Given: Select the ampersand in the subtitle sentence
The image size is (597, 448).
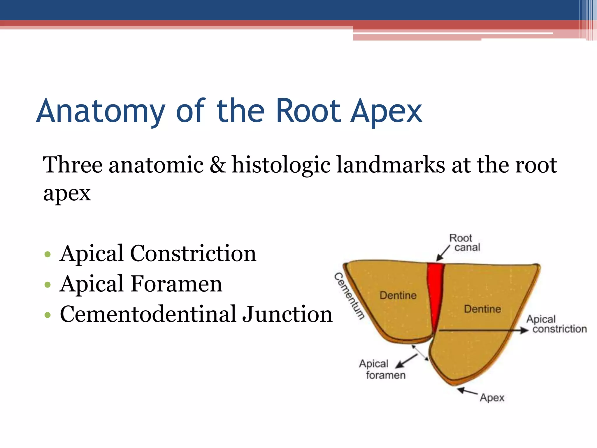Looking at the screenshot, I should (217, 165).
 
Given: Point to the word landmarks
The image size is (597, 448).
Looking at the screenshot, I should (391, 165).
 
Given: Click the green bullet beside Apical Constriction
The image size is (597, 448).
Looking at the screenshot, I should (48, 254).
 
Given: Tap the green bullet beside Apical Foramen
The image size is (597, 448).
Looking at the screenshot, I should (48, 285).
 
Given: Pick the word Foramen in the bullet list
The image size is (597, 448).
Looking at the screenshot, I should (176, 284).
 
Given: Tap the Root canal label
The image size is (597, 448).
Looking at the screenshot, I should (464, 243).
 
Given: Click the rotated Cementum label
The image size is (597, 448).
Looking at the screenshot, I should (349, 296).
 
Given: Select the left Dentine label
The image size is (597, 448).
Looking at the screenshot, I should (398, 295).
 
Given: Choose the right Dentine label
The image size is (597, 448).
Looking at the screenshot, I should (482, 309).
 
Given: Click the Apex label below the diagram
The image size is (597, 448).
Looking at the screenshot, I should (492, 398).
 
